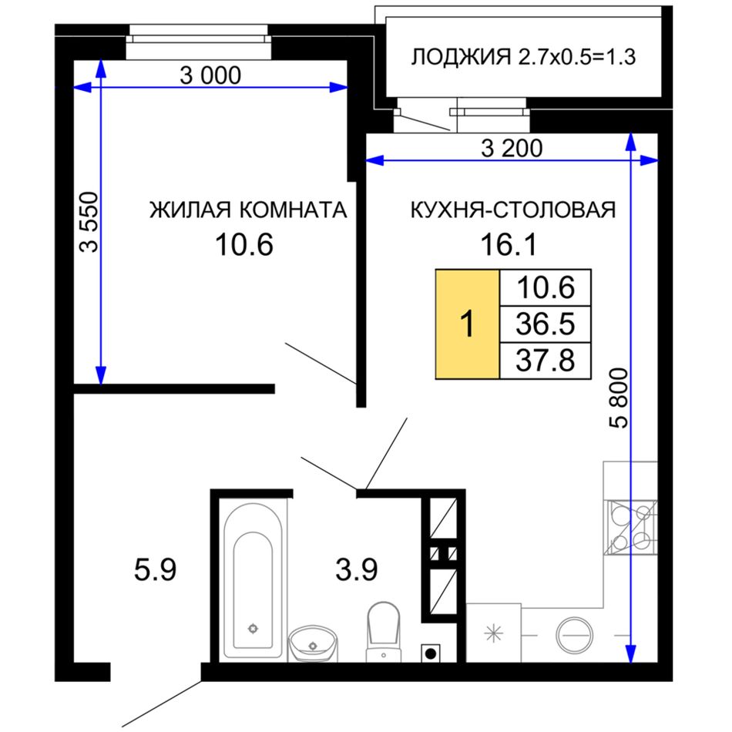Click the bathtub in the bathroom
pos(253,581)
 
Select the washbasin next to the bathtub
pos(313,643)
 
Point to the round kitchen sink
pos(575,635)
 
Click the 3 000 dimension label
pos(210,76)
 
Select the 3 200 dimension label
pos(512,149)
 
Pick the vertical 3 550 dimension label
pos(89,222)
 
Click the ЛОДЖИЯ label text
pos(461,57)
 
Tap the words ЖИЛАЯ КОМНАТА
pos(248,210)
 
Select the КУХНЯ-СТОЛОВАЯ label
pos(513,210)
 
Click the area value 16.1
pos(509,244)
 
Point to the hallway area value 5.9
pos(155,570)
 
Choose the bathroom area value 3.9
pos(357,570)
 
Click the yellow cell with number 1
pos(467,324)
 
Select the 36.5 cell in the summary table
pos(546,324)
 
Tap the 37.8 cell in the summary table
pos(546,361)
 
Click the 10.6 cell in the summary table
pos(546,287)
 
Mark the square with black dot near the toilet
pos(431,653)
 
